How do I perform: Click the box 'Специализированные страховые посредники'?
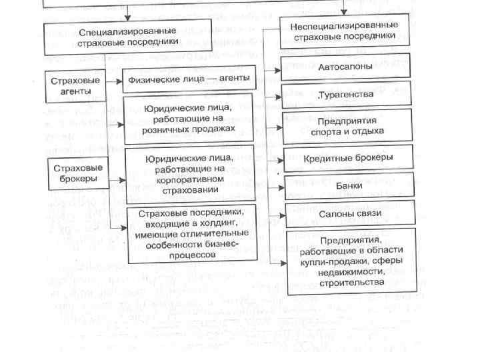[127, 37]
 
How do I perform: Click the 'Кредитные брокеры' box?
[348, 158]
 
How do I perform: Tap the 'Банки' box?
[349, 186]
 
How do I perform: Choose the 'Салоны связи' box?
[349, 214]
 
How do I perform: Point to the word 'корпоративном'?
[189, 180]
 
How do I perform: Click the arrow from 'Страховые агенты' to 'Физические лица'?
[115, 81]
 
